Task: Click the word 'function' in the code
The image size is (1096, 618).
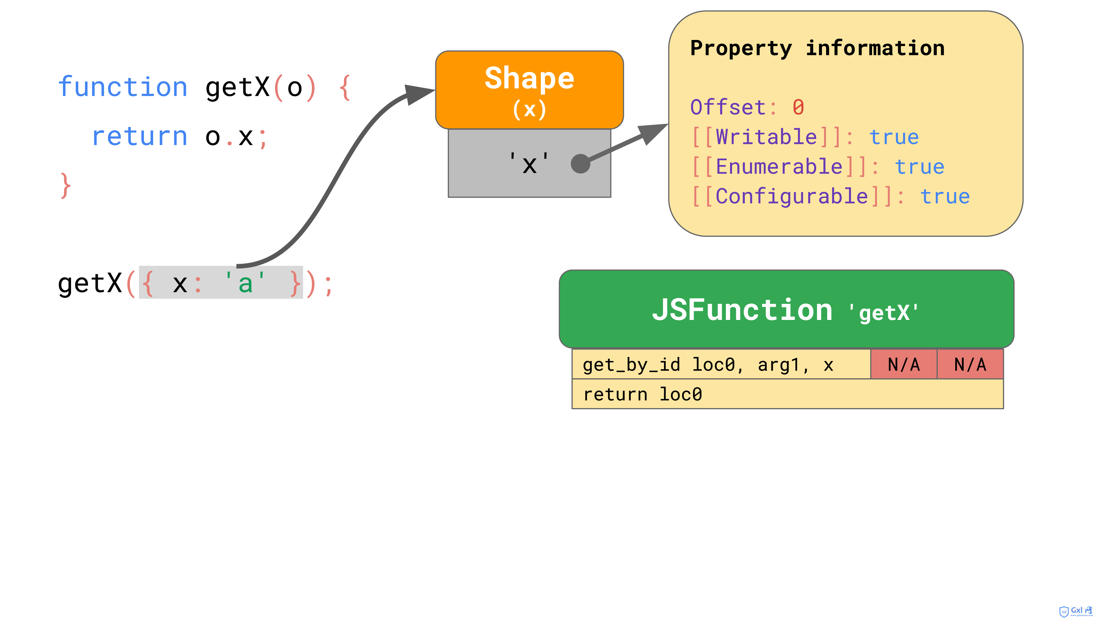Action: pyautogui.click(x=123, y=87)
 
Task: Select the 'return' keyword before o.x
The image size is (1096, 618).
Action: pyautogui.click(x=139, y=137)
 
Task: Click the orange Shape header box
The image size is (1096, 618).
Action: pyautogui.click(x=529, y=90)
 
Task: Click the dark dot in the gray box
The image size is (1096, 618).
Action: pyautogui.click(x=580, y=164)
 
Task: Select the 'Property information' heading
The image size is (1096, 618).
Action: pyautogui.click(x=817, y=48)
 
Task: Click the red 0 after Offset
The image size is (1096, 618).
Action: pyautogui.click(x=798, y=107)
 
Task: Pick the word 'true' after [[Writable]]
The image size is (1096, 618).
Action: pyautogui.click(x=894, y=137)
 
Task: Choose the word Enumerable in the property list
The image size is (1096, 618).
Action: pyautogui.click(x=779, y=166)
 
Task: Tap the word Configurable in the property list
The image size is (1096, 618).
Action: pyautogui.click(x=792, y=196)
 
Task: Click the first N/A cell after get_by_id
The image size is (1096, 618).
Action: pyautogui.click(x=904, y=364)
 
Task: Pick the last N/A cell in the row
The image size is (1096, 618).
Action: pyautogui.click(x=970, y=364)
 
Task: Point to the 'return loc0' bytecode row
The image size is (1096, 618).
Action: pyautogui.click(x=788, y=394)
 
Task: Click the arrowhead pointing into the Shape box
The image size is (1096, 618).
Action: pyautogui.click(x=419, y=94)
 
